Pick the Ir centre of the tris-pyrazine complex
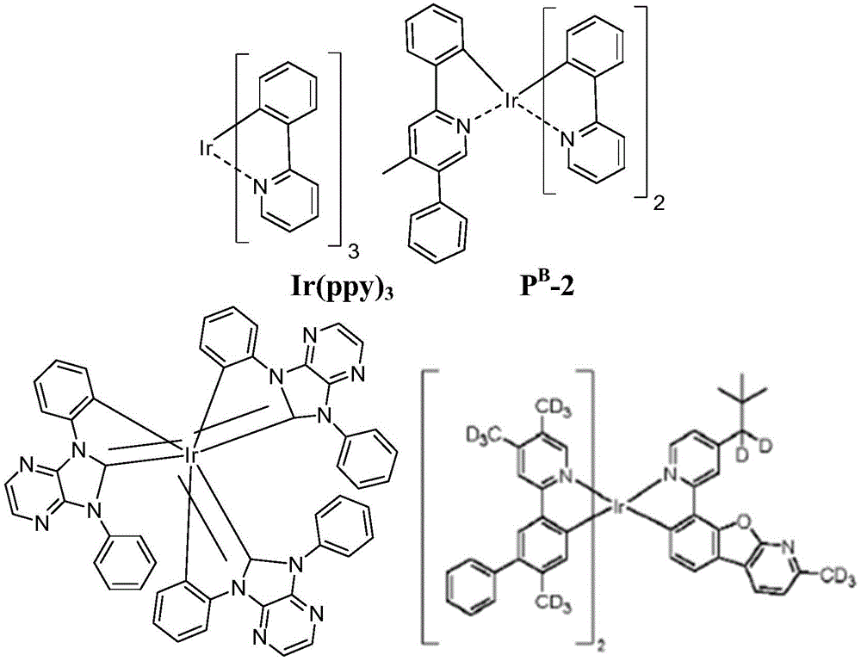192,455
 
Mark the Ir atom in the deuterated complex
616,510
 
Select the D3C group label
484,436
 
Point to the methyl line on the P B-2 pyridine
396,167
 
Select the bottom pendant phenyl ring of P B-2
437,233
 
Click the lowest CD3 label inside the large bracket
553,605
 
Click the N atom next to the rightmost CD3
789,547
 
